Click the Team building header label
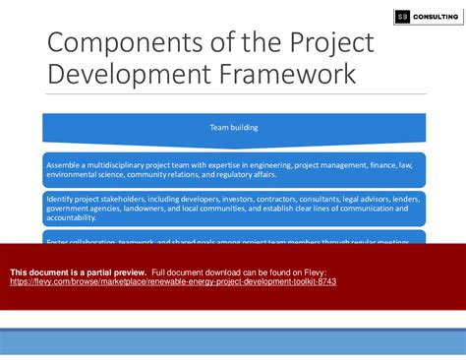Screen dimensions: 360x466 click(233, 127)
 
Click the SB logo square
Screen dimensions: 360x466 click(401, 17)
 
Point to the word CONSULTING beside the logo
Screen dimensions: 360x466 click(436, 17)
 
